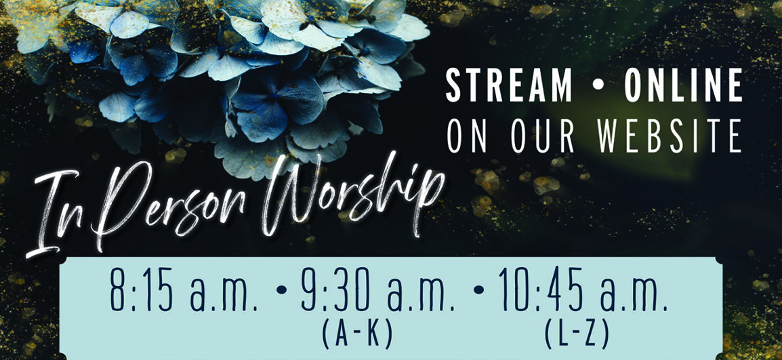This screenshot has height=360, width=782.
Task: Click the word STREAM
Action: click(509, 86)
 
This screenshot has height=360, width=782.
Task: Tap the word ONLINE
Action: click(683, 86)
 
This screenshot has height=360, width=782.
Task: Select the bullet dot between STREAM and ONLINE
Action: click(598, 86)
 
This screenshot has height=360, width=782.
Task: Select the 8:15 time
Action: click(142, 296)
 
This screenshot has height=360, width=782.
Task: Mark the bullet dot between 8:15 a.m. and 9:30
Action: click(282, 289)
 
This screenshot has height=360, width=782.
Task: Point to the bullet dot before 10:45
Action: click(479, 289)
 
